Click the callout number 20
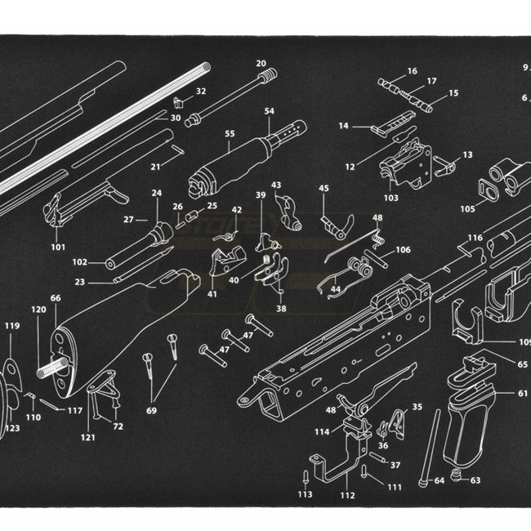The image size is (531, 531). [x=261, y=63]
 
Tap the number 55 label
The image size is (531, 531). [x=230, y=134]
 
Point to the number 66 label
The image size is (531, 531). [x=56, y=299]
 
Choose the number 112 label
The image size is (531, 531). [x=347, y=494]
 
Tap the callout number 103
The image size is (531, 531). [x=390, y=198]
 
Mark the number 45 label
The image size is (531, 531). [x=324, y=189]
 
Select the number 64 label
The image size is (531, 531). [x=439, y=480]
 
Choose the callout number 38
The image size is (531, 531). [x=281, y=309]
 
